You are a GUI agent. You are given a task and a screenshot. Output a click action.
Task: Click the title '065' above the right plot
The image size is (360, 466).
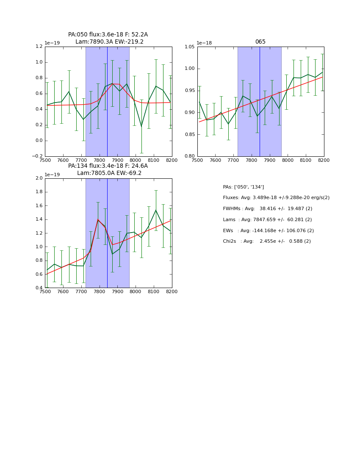pos(260,42)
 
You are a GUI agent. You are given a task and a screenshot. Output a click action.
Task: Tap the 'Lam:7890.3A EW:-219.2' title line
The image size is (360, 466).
pos(109,42)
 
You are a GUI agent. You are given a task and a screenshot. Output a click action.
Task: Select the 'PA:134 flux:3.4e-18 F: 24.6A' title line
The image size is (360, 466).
pos(108,166)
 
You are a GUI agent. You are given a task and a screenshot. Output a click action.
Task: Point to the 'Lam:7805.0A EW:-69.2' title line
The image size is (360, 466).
pos(109,173)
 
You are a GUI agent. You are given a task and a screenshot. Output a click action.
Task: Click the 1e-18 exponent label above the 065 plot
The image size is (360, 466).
pos(204,43)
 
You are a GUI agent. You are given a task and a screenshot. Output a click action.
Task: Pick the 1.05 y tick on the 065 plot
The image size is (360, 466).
pos(189,47)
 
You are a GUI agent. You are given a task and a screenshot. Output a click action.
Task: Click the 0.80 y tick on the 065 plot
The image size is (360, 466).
pos(189,156)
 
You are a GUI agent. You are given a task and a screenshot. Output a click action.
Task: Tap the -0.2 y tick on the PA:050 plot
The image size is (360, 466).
pos(37,156)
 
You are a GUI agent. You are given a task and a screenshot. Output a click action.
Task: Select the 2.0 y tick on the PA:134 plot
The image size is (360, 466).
pos(39,178)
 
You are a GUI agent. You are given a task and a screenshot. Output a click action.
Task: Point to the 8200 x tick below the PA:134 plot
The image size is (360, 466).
pos(172,291)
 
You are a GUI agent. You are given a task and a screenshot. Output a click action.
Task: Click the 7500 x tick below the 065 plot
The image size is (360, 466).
pos(197,160)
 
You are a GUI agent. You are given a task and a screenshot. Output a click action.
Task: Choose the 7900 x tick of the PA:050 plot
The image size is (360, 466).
pos(117,160)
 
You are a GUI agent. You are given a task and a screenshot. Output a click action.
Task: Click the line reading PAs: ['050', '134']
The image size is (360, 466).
pos(244,187)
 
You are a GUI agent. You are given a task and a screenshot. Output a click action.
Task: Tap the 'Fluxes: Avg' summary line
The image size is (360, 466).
pos(276,198)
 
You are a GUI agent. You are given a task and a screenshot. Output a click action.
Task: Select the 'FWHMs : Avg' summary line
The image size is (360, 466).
pos(268,209)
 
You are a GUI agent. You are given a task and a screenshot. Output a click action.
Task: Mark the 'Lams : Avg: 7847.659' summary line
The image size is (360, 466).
pos(267,220)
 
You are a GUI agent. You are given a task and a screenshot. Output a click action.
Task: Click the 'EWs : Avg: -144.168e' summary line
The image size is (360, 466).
pos(269,231)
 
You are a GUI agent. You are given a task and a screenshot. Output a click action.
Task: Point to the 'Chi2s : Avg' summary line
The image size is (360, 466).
pos(267,241)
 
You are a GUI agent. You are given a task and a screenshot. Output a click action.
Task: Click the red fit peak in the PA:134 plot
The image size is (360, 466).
pos(98,219)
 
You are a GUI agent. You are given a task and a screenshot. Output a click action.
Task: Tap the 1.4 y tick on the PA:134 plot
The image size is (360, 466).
pos(39,219)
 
